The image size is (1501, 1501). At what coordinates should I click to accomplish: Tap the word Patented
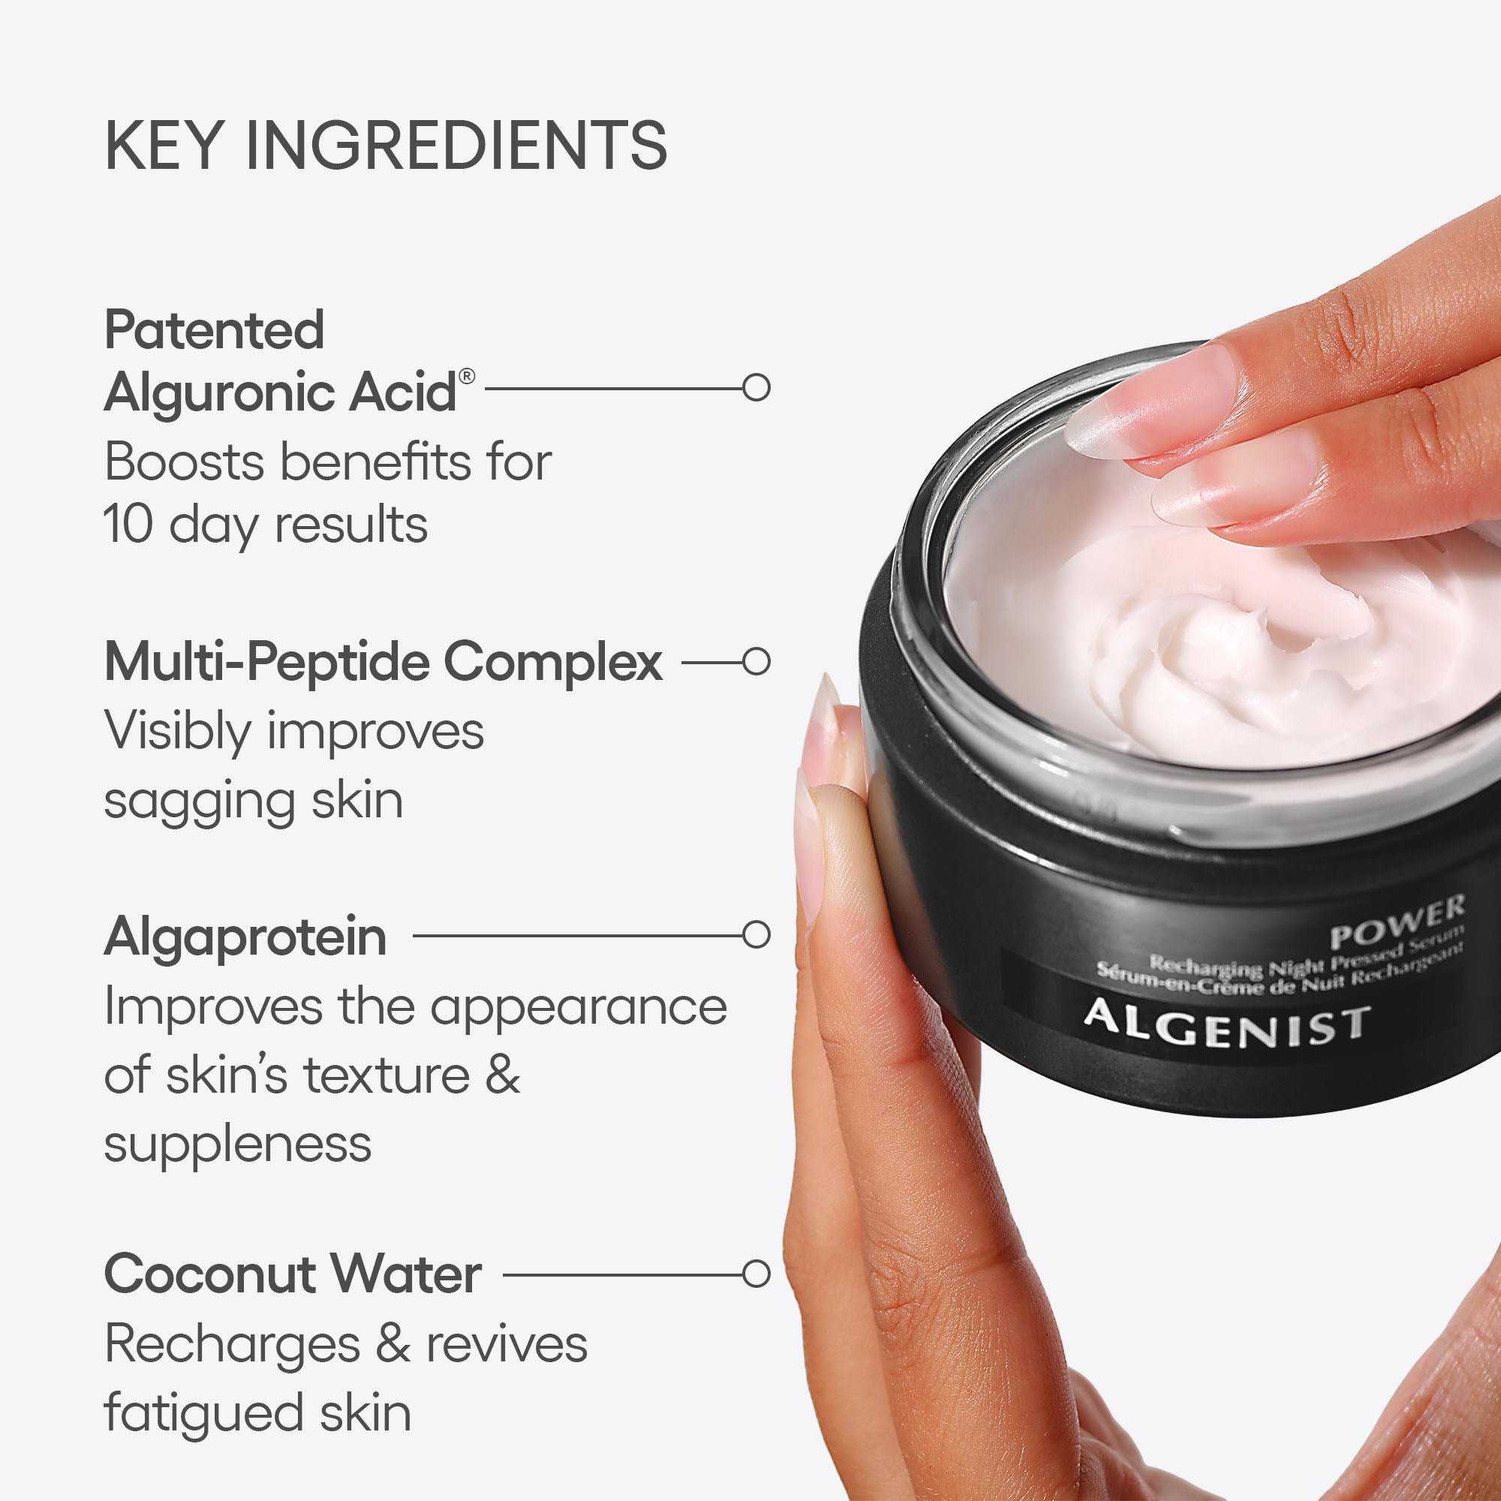pyautogui.click(x=215, y=329)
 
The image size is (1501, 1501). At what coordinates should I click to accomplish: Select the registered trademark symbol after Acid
pyautogui.click(x=467, y=376)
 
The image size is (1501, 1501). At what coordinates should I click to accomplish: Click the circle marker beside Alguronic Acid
pyautogui.click(x=756, y=387)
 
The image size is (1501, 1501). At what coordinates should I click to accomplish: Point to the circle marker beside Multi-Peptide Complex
pyautogui.click(x=756, y=661)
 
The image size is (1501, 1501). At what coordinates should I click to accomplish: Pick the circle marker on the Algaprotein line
pyautogui.click(x=756, y=934)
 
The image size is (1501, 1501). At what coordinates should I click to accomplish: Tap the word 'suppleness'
pyautogui.click(x=238, y=1145)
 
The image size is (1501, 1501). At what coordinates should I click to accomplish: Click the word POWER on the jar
pyautogui.click(x=1396, y=922)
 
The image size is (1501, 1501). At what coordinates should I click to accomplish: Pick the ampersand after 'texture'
pyautogui.click(x=503, y=1076)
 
